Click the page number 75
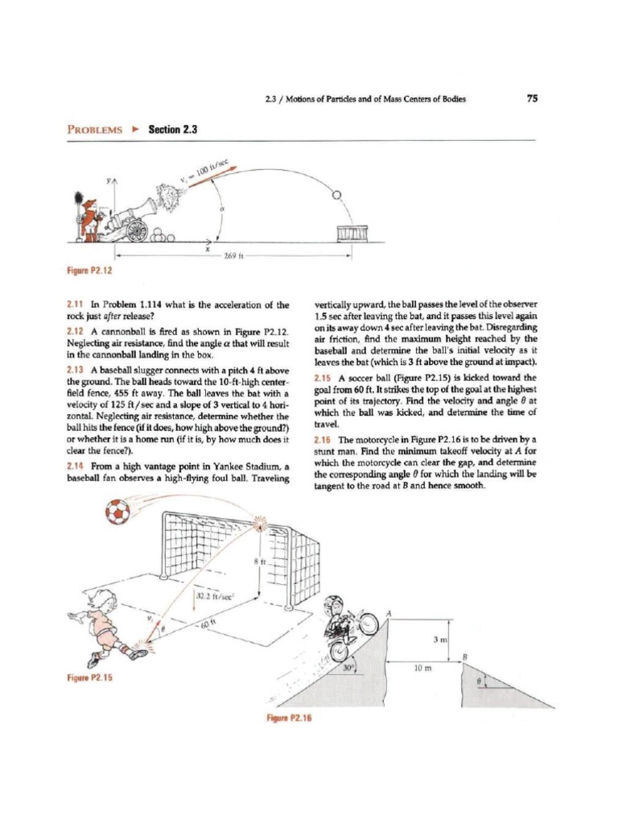[531, 99]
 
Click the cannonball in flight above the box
[337, 194]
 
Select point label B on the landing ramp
[465, 657]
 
